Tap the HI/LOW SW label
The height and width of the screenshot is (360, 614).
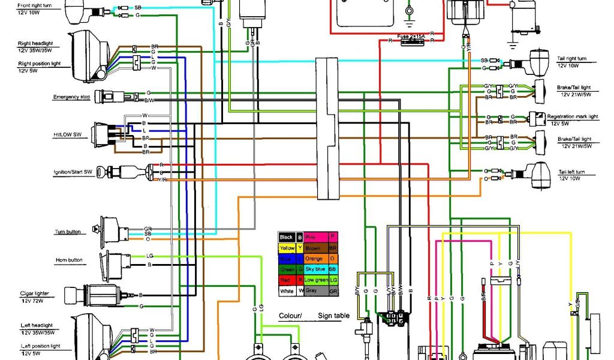(67, 136)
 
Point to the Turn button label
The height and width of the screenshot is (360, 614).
(67, 232)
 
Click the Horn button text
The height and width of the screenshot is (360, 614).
(68, 260)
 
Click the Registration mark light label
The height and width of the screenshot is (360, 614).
(573, 116)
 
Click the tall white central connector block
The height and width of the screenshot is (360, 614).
(327, 128)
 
